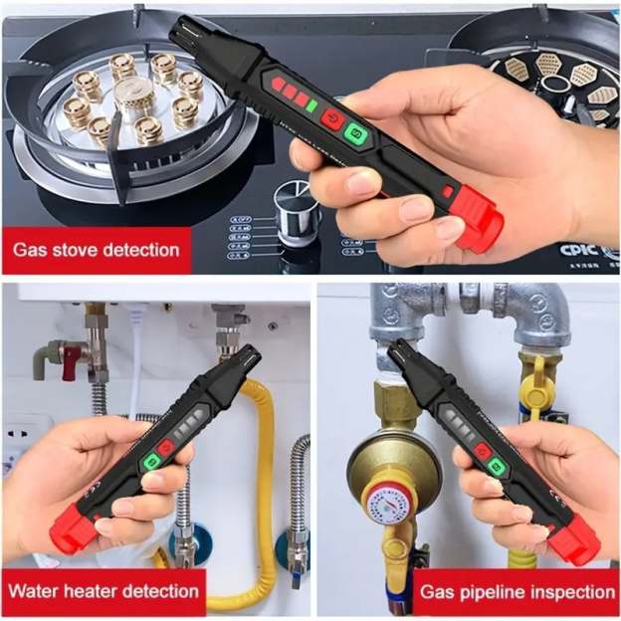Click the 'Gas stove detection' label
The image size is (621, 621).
point(97,248)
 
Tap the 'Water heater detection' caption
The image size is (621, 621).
point(103,590)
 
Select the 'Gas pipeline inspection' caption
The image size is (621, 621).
point(517,591)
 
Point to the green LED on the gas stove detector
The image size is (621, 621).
point(311,104)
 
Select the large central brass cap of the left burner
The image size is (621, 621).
point(133,99)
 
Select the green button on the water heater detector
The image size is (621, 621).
point(153,461)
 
